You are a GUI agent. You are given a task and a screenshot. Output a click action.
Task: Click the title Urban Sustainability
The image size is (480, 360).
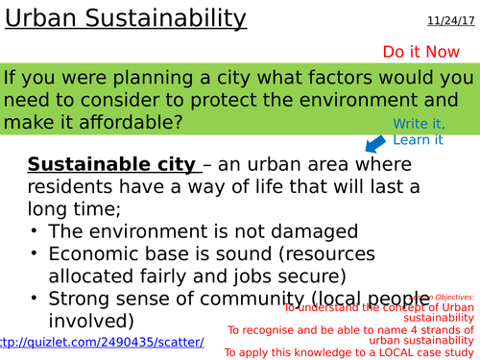(x=125, y=18)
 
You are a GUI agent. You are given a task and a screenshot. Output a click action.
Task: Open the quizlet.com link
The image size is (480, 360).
(x=102, y=342)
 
